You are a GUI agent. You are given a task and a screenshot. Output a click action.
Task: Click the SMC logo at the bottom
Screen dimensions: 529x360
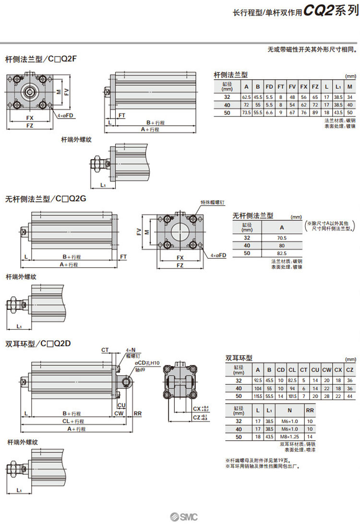183,517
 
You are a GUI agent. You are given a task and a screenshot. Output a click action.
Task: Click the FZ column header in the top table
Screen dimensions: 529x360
315,87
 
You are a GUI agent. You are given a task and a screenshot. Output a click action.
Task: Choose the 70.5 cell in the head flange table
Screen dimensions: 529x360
282,238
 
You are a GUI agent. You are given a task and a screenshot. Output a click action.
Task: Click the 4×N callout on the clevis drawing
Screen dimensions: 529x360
131,350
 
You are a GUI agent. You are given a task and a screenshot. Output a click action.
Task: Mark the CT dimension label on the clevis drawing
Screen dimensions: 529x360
105,350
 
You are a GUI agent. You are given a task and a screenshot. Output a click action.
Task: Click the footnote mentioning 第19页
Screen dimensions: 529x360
258,459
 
